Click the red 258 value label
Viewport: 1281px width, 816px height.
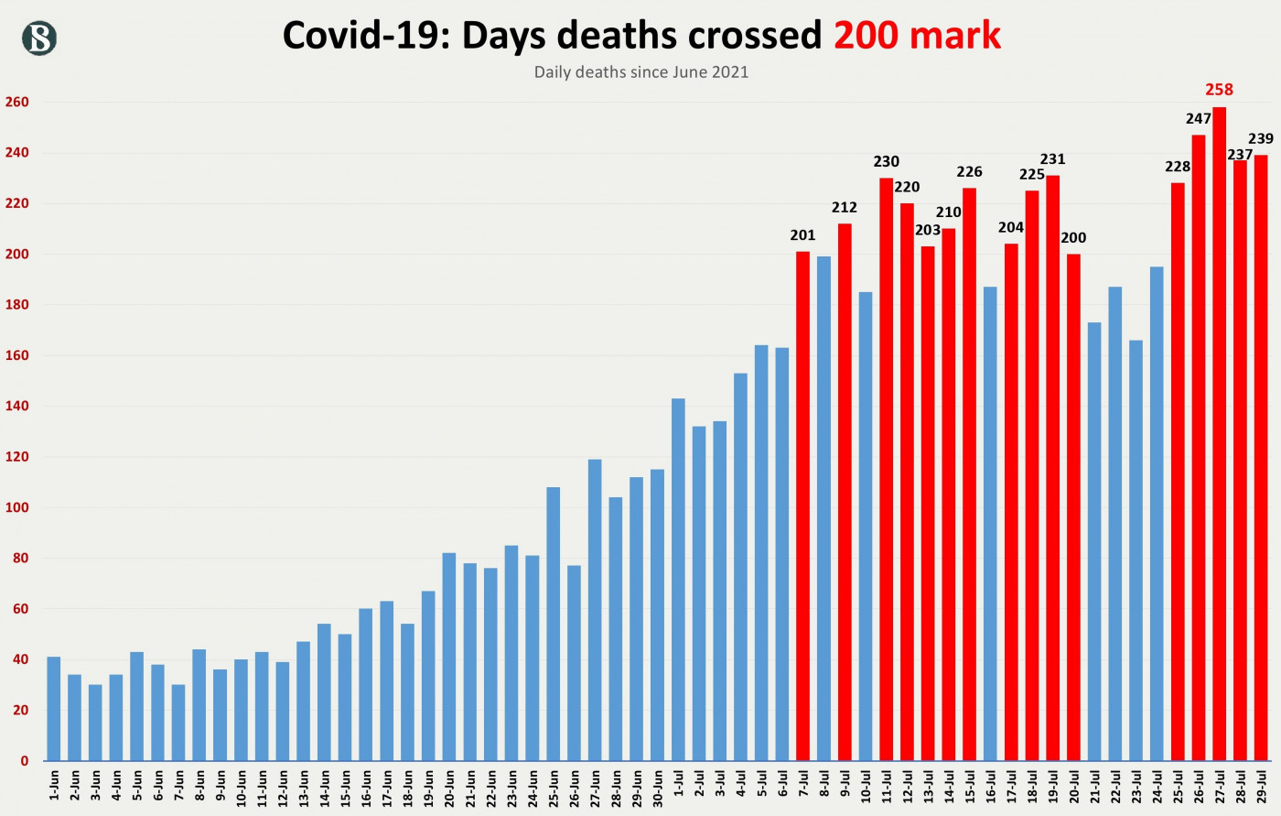click(1219, 90)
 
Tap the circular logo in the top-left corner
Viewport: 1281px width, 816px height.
click(39, 38)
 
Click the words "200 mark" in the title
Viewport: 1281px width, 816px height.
click(917, 36)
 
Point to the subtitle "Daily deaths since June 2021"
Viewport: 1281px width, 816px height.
click(640, 72)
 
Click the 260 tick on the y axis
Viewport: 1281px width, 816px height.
click(16, 103)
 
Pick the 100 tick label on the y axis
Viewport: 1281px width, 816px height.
click(16, 508)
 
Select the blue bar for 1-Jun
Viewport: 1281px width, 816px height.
click(54, 709)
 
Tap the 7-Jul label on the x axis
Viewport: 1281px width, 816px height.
click(803, 786)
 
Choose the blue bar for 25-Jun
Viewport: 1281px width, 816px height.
click(553, 624)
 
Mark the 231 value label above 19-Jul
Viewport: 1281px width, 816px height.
click(1052, 159)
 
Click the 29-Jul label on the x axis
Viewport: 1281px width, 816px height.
click(1261, 786)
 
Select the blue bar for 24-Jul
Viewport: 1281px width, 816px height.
click(1157, 513)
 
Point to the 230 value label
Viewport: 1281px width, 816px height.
click(886, 162)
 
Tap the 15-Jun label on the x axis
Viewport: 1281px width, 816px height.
click(345, 786)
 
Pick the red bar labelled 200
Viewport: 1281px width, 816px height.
click(1073, 506)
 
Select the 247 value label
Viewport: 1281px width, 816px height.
click(1198, 119)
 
